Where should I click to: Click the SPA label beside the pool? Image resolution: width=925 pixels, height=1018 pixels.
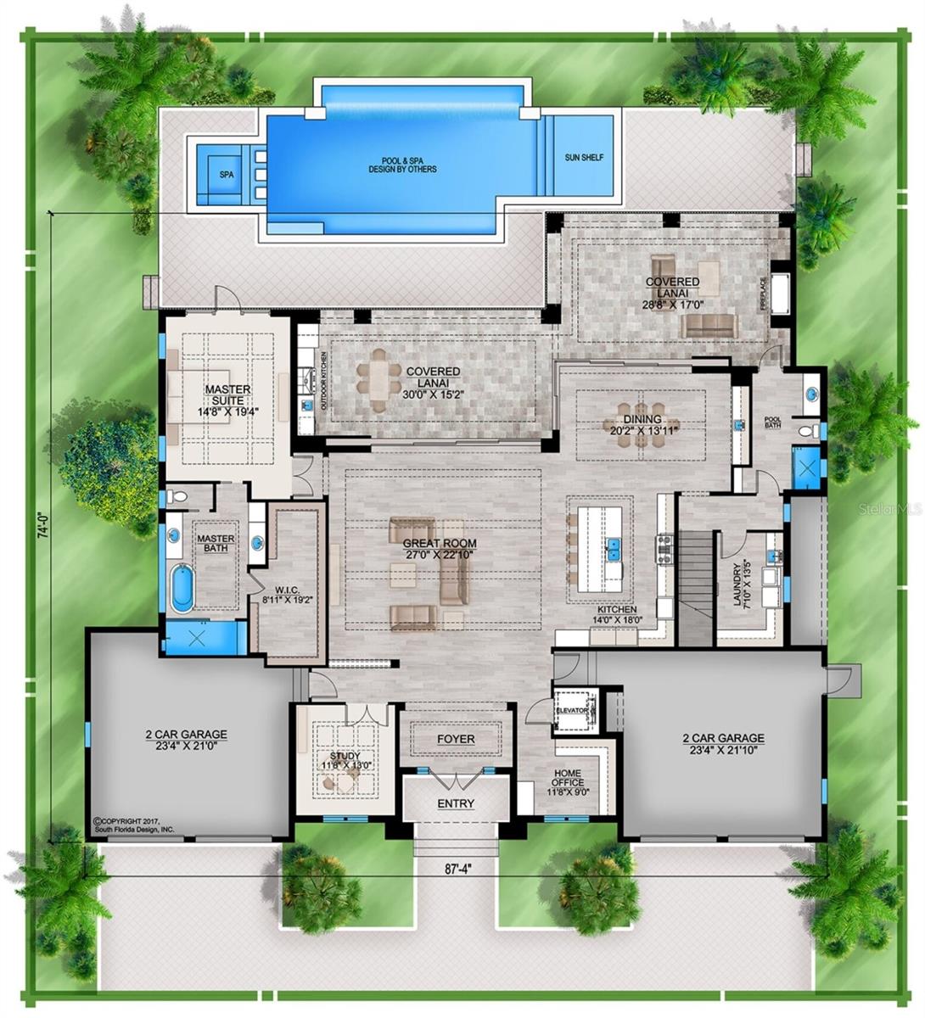[226, 175]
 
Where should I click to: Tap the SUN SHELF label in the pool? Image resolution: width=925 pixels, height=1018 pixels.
[584, 158]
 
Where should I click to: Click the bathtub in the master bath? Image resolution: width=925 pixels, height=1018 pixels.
[182, 589]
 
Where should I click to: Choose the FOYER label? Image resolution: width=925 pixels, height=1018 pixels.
[456, 739]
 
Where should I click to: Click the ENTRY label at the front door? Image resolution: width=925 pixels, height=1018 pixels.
[456, 803]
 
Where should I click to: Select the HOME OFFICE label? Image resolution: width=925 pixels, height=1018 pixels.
[567, 778]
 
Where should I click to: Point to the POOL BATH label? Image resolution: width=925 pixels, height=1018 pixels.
[772, 422]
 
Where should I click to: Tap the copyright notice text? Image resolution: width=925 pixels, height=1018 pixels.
[134, 825]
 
